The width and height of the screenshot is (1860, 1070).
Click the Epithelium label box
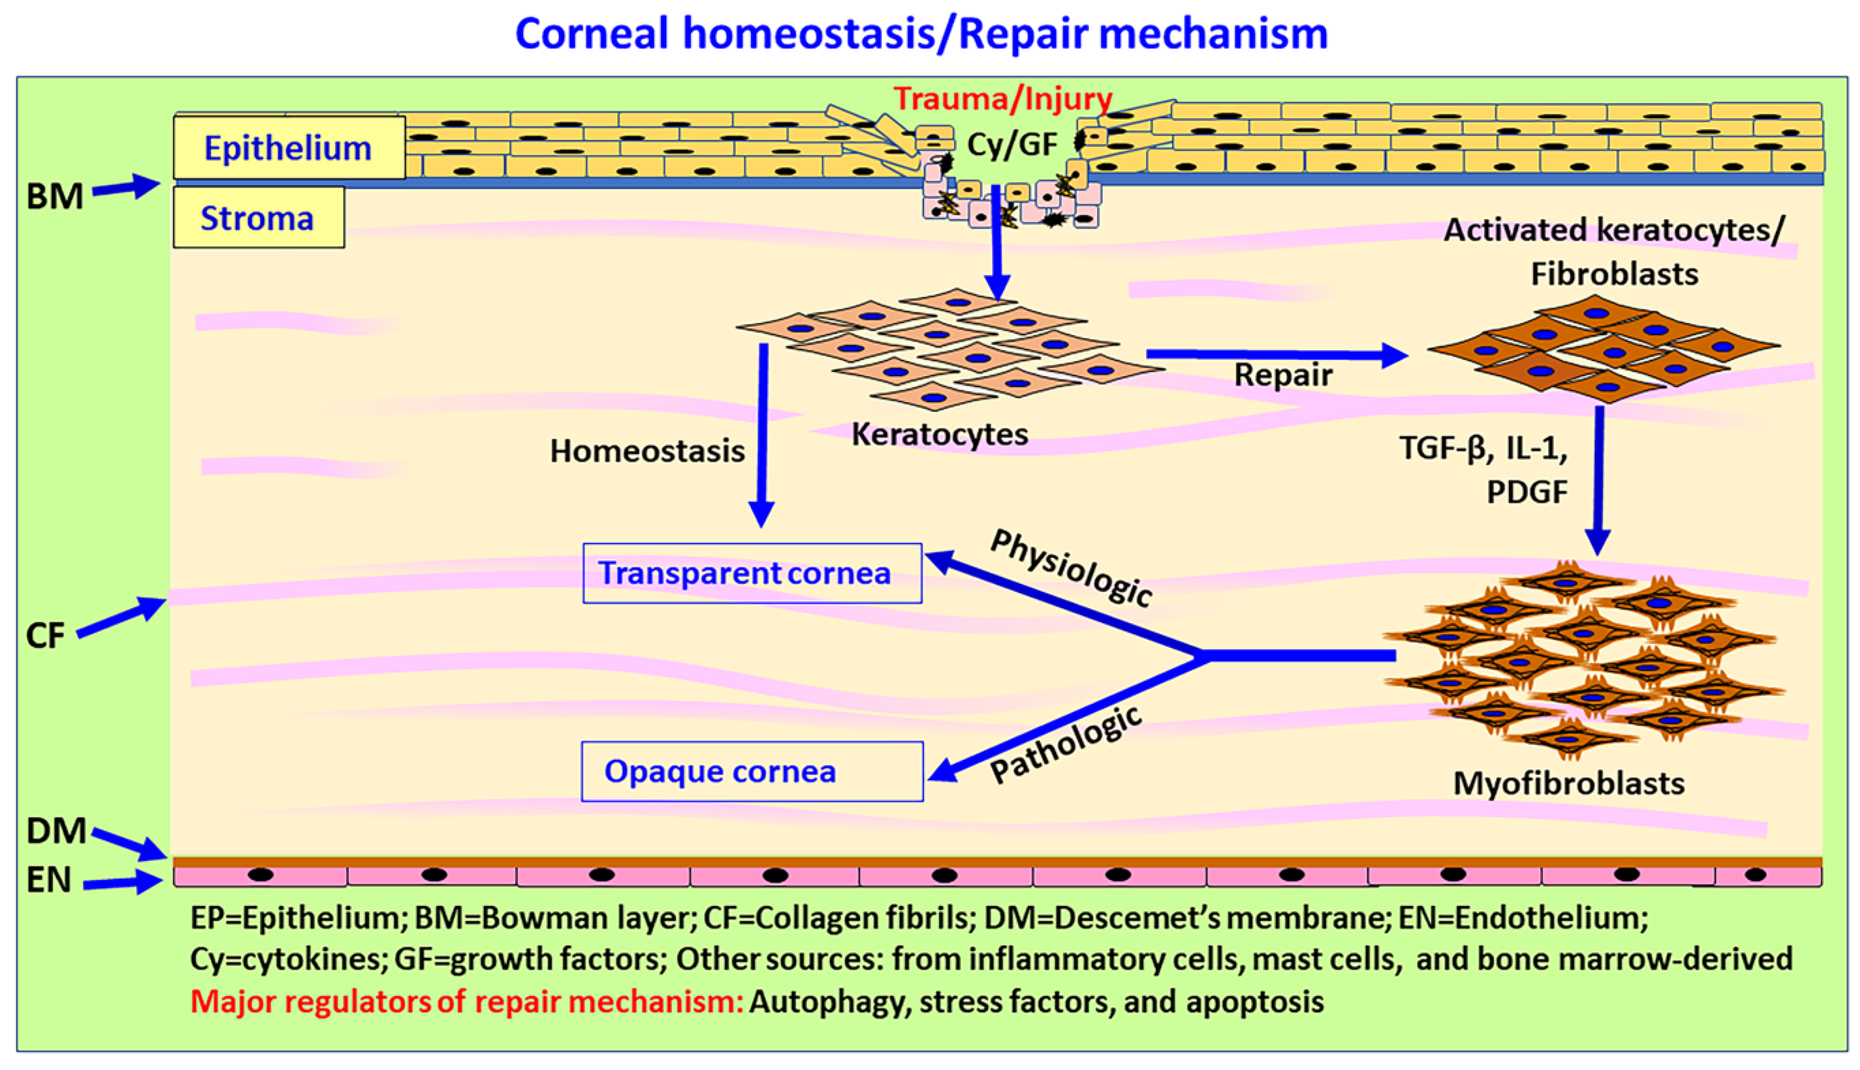pos(289,148)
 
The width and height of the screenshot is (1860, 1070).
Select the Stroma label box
pos(258,218)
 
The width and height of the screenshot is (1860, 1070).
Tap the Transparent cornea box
pos(752,573)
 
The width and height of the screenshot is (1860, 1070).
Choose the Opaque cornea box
pos(752,771)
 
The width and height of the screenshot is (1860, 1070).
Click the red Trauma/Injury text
pos(1003,99)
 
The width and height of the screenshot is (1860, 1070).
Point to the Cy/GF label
pos(1012,144)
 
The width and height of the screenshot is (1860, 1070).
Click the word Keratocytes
pos(939,434)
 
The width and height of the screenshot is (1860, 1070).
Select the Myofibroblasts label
pos(1568,783)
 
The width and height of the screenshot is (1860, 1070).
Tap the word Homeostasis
pos(647,451)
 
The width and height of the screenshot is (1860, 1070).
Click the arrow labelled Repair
pos(1276,355)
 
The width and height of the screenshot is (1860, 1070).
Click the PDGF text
pos(1526,492)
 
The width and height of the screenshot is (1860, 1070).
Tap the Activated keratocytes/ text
pos(1613,230)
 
